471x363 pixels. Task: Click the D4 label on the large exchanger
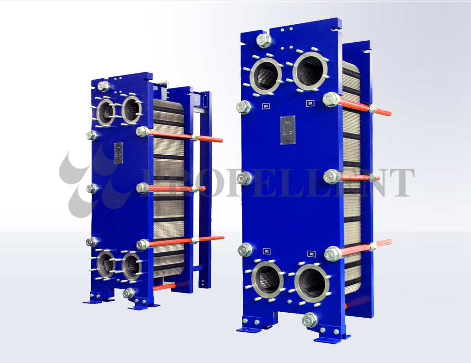point(265,106)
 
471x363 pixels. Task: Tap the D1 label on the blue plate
point(310,103)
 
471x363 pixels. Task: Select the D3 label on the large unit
point(267,251)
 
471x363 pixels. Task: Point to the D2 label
point(312,253)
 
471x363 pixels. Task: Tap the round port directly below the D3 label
point(268,280)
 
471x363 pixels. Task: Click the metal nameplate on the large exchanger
point(288,130)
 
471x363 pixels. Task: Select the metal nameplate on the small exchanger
point(119,153)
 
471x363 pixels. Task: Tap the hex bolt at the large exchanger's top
point(264,40)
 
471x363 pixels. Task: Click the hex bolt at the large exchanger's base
point(310,320)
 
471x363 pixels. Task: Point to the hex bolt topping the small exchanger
point(104,86)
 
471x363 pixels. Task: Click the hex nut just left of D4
point(244,108)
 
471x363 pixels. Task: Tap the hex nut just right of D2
point(332,253)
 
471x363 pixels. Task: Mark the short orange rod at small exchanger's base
point(164,287)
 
